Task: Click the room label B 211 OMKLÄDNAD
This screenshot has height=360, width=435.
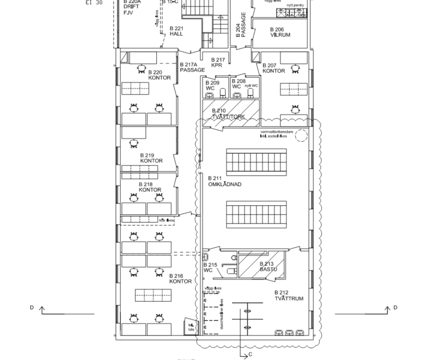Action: click(224, 181)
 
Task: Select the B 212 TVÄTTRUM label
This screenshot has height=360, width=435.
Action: click(288, 296)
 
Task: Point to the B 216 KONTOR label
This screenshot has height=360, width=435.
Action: click(180, 279)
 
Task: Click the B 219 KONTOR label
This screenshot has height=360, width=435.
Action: click(151, 158)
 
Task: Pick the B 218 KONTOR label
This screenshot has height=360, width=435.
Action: click(149, 187)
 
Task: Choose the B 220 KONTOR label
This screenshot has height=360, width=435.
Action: click(159, 75)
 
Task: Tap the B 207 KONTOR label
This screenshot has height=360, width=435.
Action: click(273, 68)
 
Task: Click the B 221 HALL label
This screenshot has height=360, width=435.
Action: click(177, 31)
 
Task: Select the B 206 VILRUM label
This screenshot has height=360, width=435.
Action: click(280, 32)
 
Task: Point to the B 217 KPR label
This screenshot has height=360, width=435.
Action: click(217, 62)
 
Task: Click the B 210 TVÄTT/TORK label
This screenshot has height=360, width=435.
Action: click(228, 113)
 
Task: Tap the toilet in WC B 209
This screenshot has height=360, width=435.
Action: click(210, 95)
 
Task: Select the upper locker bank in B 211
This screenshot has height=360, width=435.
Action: click(256, 159)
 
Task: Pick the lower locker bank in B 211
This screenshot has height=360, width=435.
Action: click(256, 213)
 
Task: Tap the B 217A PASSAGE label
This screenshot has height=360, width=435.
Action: click(192, 67)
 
